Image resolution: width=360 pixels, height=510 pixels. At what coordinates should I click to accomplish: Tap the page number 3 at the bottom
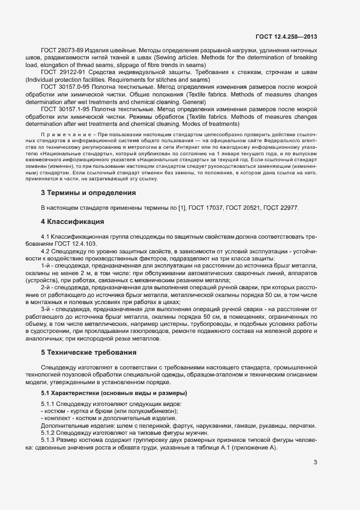point(315,463)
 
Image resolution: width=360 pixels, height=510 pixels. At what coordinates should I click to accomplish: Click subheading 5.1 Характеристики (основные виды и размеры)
point(114,393)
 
